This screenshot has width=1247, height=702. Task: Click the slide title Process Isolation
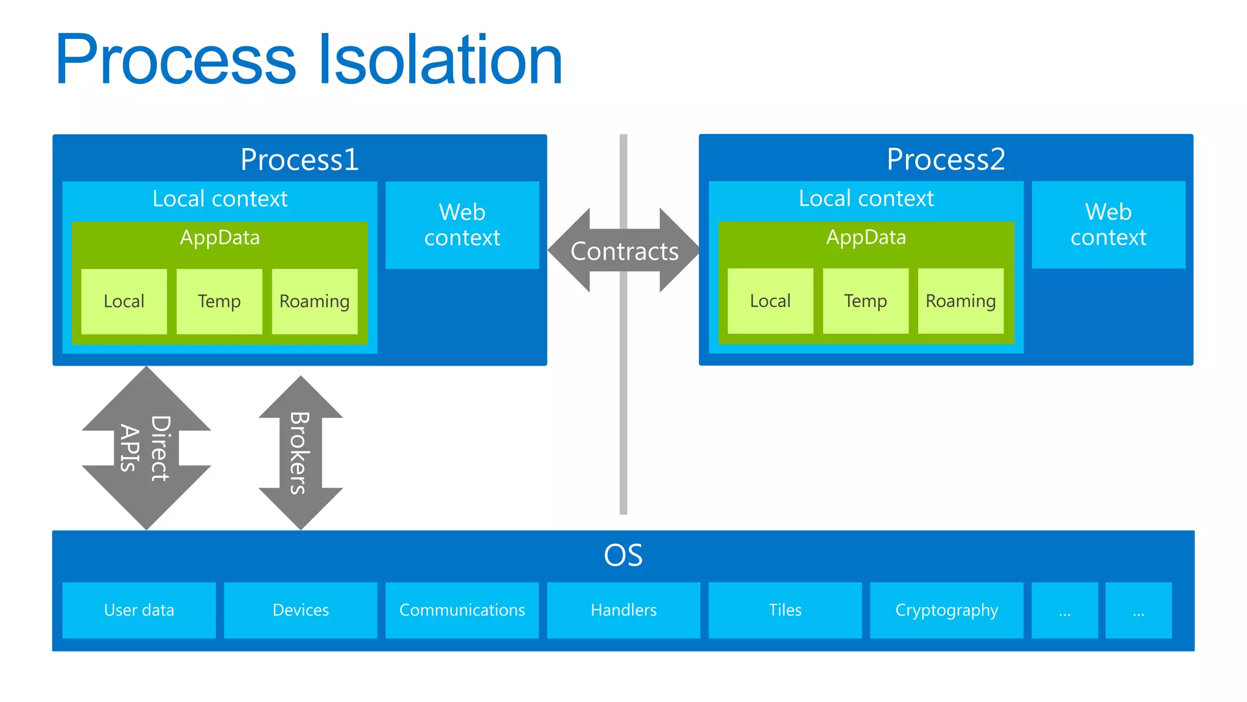pos(309,60)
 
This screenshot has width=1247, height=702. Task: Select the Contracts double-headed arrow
pos(624,251)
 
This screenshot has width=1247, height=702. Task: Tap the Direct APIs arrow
pos(146,448)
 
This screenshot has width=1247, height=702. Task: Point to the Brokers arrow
pos(300,452)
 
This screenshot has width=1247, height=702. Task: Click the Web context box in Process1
pos(462,225)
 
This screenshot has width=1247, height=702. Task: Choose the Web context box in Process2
pos(1108,224)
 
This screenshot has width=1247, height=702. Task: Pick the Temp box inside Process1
pos(219,301)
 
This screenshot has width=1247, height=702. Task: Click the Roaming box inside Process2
pos(960,300)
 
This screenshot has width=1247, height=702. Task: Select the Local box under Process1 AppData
pos(124,301)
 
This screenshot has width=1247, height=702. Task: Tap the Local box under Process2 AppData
pos(770,300)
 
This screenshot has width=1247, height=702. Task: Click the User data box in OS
pos(139,610)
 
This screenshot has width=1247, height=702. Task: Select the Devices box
pos(300,610)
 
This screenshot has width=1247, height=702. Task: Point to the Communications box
pos(462,610)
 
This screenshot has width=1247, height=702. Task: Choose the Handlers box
pos(623,610)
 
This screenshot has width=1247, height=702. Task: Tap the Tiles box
pos(785,610)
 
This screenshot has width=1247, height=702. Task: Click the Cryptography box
pos(946,610)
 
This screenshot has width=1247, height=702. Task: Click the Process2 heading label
pos(946,160)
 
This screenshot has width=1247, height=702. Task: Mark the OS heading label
pos(623,555)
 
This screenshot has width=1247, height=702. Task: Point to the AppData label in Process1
pos(220,237)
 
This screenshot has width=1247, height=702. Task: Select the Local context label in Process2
pos(866,199)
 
